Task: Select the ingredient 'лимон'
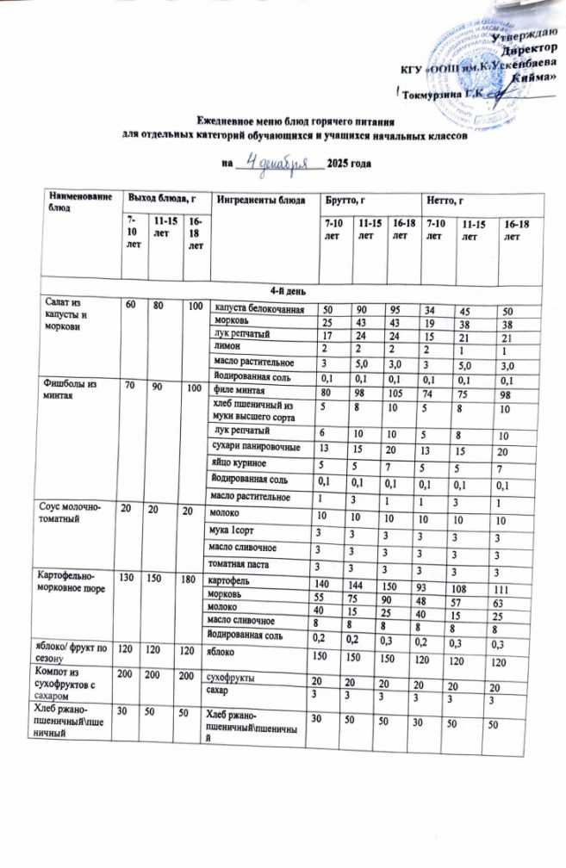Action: pos(228,346)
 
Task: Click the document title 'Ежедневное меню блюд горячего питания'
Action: pos(284,123)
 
